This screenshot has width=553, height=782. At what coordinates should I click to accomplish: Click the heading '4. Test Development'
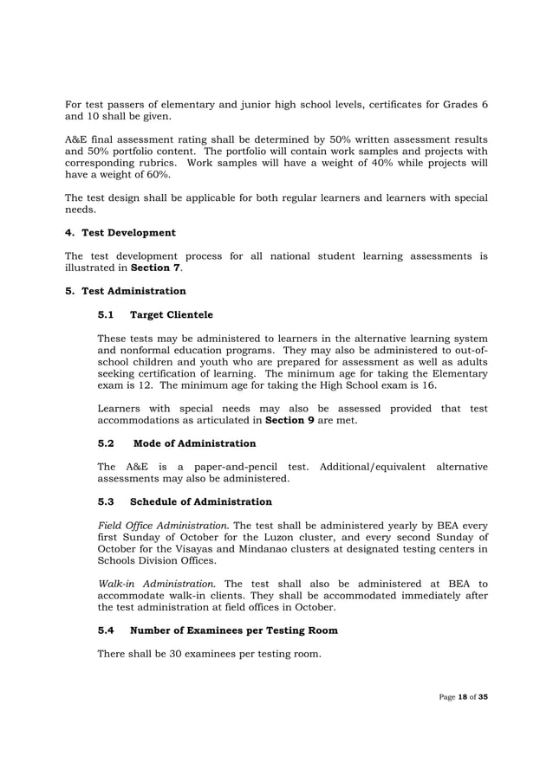(120, 233)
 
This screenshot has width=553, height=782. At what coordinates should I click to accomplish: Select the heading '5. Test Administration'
(126, 291)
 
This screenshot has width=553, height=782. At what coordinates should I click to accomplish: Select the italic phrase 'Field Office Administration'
(162, 525)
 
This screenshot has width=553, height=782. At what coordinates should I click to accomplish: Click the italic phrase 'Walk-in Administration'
(154, 583)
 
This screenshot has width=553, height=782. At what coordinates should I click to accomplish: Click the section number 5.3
(106, 501)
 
